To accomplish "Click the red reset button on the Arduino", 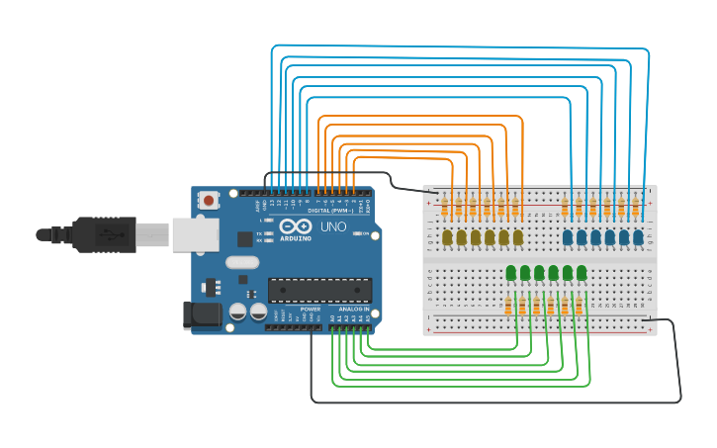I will [x=209, y=201].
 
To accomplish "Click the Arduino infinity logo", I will [x=297, y=225].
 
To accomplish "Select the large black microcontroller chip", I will [x=319, y=290].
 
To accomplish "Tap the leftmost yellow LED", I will [x=447, y=237].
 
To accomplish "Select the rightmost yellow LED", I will [x=518, y=237].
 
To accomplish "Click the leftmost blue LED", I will [x=568, y=237].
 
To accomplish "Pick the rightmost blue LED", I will [x=639, y=237].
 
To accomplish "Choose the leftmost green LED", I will [x=511, y=273].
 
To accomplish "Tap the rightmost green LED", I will [x=582, y=273].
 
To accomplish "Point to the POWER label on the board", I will [x=310, y=310].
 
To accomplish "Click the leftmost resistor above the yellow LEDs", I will [x=445, y=207].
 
